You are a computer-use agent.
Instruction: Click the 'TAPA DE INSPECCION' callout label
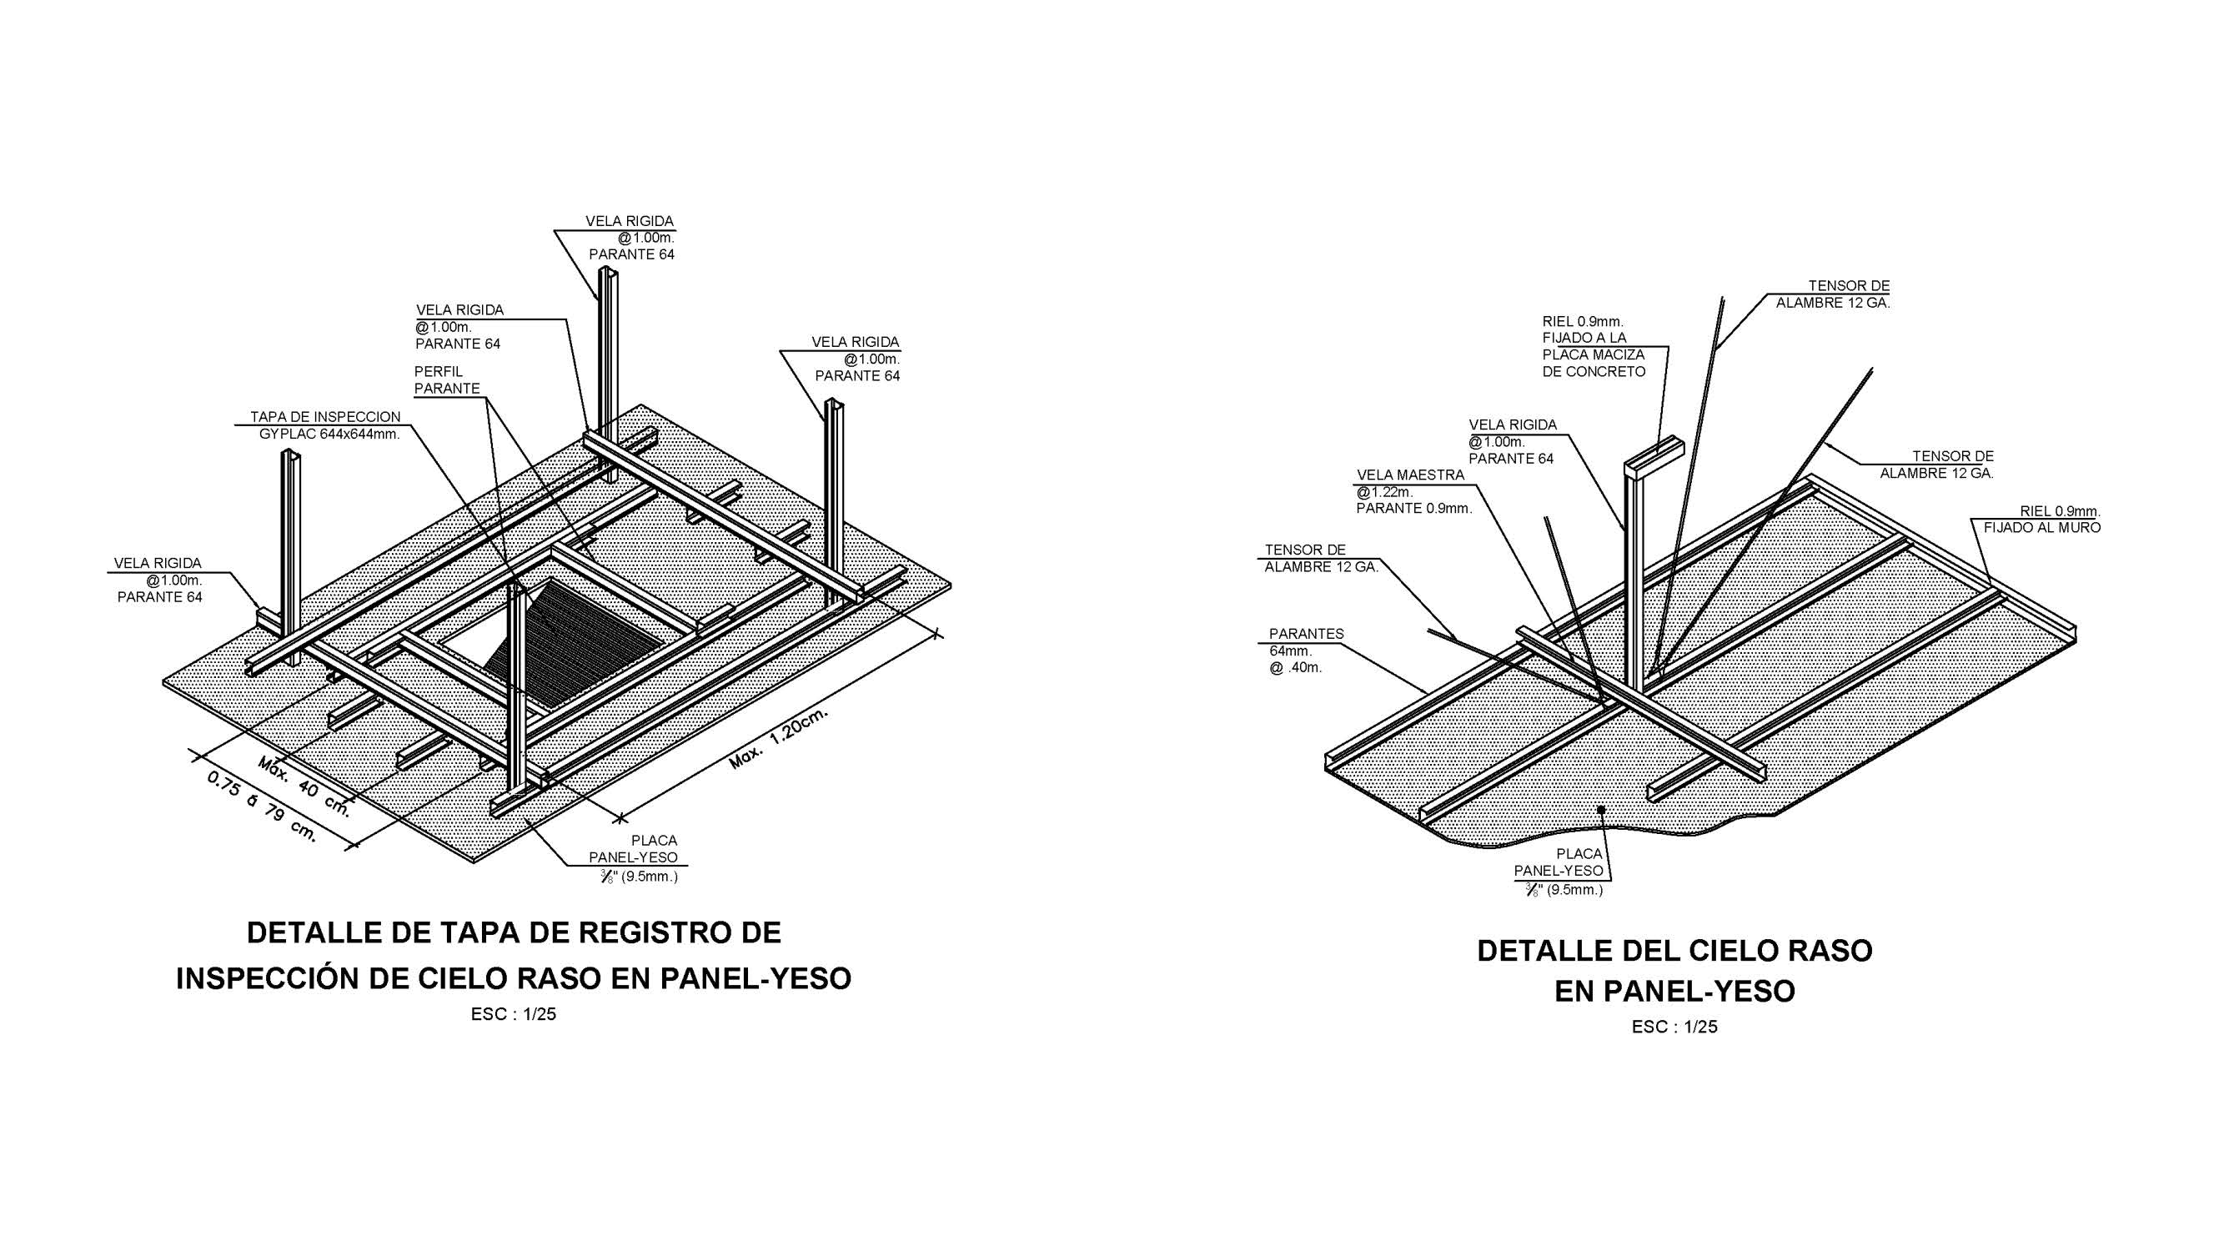coord(325,417)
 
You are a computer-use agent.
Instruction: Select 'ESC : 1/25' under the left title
coord(513,1014)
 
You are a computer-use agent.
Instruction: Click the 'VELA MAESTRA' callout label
coord(1411,475)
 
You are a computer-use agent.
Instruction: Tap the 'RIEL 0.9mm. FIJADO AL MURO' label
coord(2043,520)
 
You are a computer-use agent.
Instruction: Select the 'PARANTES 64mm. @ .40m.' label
coord(1304,651)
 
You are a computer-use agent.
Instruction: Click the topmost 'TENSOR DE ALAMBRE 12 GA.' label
coord(1833,294)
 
